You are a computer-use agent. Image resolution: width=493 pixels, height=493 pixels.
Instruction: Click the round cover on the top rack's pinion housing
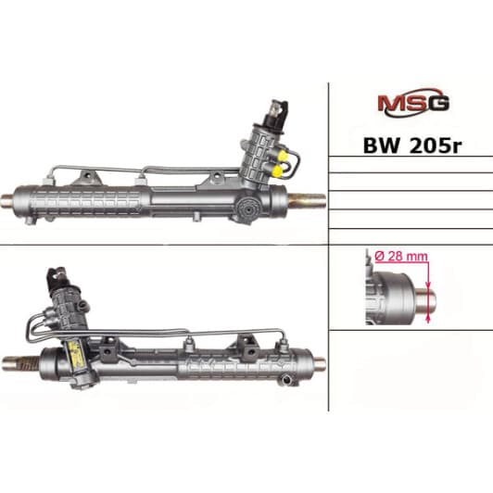(247, 210)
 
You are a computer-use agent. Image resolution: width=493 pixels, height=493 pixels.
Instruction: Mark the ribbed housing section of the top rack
(93, 200)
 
